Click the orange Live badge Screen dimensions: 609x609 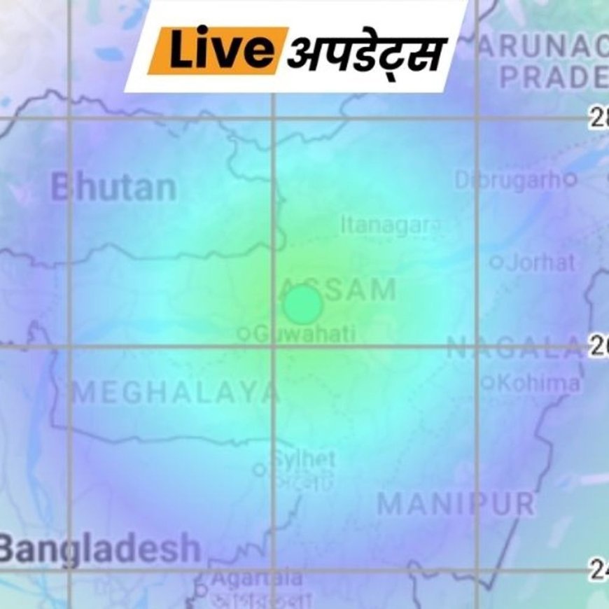click(219, 50)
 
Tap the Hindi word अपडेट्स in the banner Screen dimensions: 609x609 click(367, 53)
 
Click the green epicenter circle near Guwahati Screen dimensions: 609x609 click(303, 304)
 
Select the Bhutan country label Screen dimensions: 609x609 click(113, 188)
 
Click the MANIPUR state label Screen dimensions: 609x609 click(456, 504)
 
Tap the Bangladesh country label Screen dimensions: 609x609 click(99, 548)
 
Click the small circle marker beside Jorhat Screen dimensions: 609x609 click(496, 263)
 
